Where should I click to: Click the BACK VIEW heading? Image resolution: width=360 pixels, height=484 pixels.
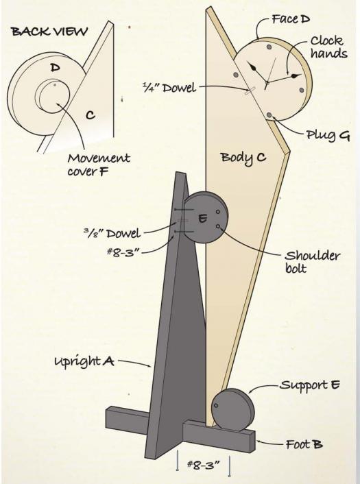[x=49, y=32]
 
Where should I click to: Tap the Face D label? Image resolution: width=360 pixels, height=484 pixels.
[x=291, y=19]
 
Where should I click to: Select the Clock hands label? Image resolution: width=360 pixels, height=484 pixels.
[x=328, y=47]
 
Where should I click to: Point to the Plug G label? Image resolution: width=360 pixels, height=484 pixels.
[x=328, y=135]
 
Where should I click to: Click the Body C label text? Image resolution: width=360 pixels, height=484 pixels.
[x=243, y=158]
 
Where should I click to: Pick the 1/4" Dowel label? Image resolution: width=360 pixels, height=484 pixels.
[x=169, y=88]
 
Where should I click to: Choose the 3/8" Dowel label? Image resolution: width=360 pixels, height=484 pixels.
[x=112, y=233]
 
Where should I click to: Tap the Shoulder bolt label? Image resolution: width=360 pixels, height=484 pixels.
[x=312, y=261]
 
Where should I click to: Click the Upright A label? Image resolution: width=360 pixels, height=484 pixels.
[x=84, y=361]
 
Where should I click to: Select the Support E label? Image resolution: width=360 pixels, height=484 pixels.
[x=310, y=385]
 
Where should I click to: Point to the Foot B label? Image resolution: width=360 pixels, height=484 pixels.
[x=304, y=444]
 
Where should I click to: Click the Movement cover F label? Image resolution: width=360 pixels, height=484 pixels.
[x=99, y=165]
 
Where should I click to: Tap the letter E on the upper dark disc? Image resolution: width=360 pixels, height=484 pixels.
[x=202, y=219]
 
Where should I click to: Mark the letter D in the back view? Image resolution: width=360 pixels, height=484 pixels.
[x=55, y=67]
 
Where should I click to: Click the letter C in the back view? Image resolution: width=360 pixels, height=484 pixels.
[x=90, y=115]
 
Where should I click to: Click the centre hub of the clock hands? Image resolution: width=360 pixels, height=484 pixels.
[x=267, y=82]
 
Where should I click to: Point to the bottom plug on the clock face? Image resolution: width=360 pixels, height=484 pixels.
[x=269, y=114]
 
